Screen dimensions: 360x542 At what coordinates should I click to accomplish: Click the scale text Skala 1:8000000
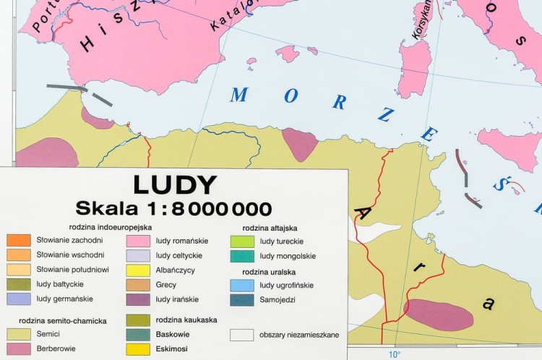coord(174,209)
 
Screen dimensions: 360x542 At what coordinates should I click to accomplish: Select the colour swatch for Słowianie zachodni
coord(18,240)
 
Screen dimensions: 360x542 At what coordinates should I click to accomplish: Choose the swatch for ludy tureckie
coord(242,241)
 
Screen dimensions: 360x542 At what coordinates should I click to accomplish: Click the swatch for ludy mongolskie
coord(242,255)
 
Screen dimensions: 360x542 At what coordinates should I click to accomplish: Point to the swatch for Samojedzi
coord(242,299)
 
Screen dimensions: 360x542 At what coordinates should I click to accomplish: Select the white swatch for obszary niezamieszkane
coord(242,335)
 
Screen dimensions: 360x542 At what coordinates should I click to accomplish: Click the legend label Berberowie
coord(56,348)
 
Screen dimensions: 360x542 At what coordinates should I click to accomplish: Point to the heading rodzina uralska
coord(270,272)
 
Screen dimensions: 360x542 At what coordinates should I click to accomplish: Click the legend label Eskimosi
coord(172,348)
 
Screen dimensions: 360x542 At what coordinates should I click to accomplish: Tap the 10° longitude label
coord(394,354)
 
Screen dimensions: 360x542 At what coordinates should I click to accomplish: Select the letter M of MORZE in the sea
coord(239,94)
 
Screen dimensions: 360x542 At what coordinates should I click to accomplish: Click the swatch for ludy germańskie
coord(18,299)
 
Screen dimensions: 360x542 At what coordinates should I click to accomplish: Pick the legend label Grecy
coord(165,285)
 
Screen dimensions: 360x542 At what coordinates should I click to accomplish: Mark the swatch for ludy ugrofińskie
coord(242,285)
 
